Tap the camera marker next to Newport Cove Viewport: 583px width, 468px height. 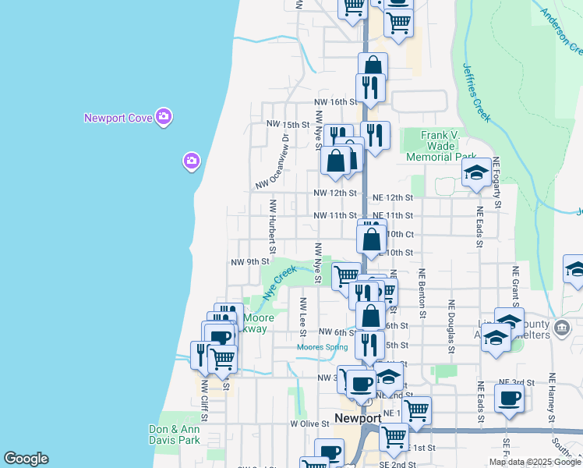coord(164,118)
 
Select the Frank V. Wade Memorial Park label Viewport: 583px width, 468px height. coord(438,146)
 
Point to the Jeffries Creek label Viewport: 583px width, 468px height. coord(476,93)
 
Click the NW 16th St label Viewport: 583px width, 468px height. coord(334,102)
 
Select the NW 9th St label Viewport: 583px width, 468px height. coord(249,262)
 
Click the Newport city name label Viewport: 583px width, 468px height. coord(357,418)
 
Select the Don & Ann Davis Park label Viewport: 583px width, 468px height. coord(175,434)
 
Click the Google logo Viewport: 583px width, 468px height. coord(26,459)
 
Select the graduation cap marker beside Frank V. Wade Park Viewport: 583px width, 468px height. coord(475,174)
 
